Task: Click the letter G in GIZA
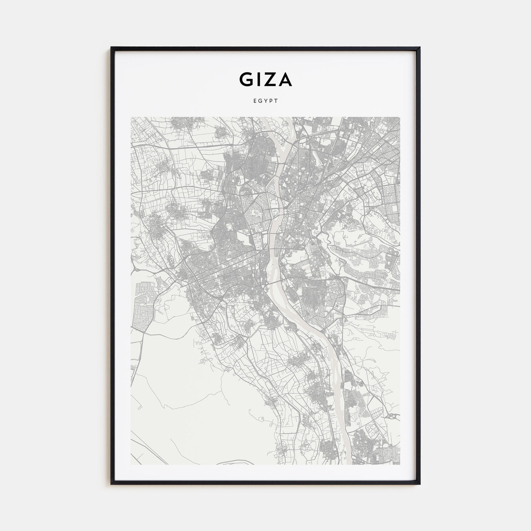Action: tap(245, 79)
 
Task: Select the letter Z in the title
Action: tap(270, 79)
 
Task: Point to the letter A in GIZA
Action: tap(285, 79)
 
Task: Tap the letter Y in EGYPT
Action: tap(265, 101)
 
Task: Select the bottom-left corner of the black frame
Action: tap(112, 484)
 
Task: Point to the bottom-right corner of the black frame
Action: tap(420, 484)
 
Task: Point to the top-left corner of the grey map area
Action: tap(131, 117)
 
